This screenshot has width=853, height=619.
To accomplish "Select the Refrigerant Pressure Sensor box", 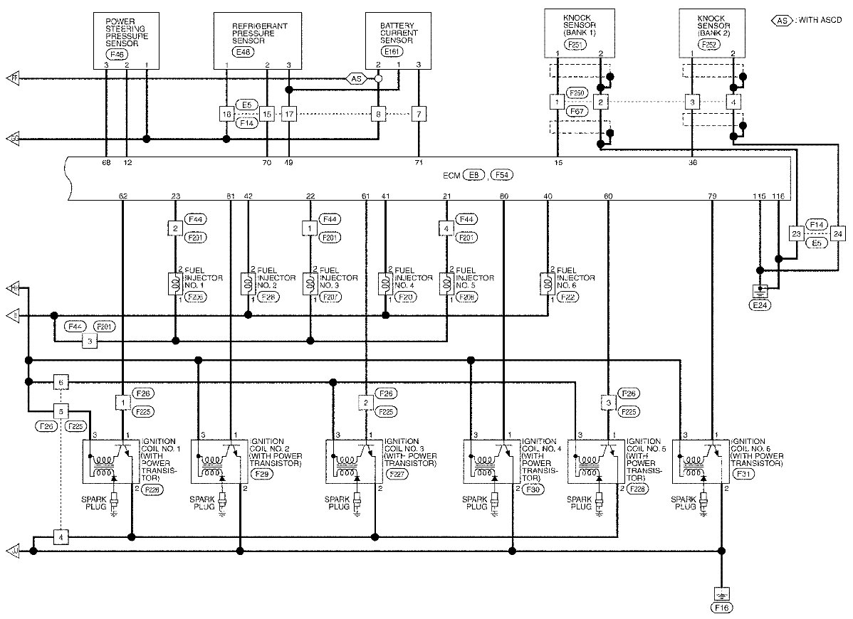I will [257, 39].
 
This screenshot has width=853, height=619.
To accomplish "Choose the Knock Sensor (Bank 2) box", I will [711, 31].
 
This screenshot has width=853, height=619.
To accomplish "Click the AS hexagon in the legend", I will [782, 20].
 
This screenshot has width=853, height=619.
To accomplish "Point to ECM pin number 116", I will [778, 196].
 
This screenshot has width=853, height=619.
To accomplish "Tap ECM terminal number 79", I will [712, 196].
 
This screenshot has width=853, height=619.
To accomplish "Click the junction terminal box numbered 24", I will [837, 233].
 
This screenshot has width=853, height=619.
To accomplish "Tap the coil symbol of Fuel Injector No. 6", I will [549, 283].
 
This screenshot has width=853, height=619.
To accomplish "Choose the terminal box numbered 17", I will [288, 114].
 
